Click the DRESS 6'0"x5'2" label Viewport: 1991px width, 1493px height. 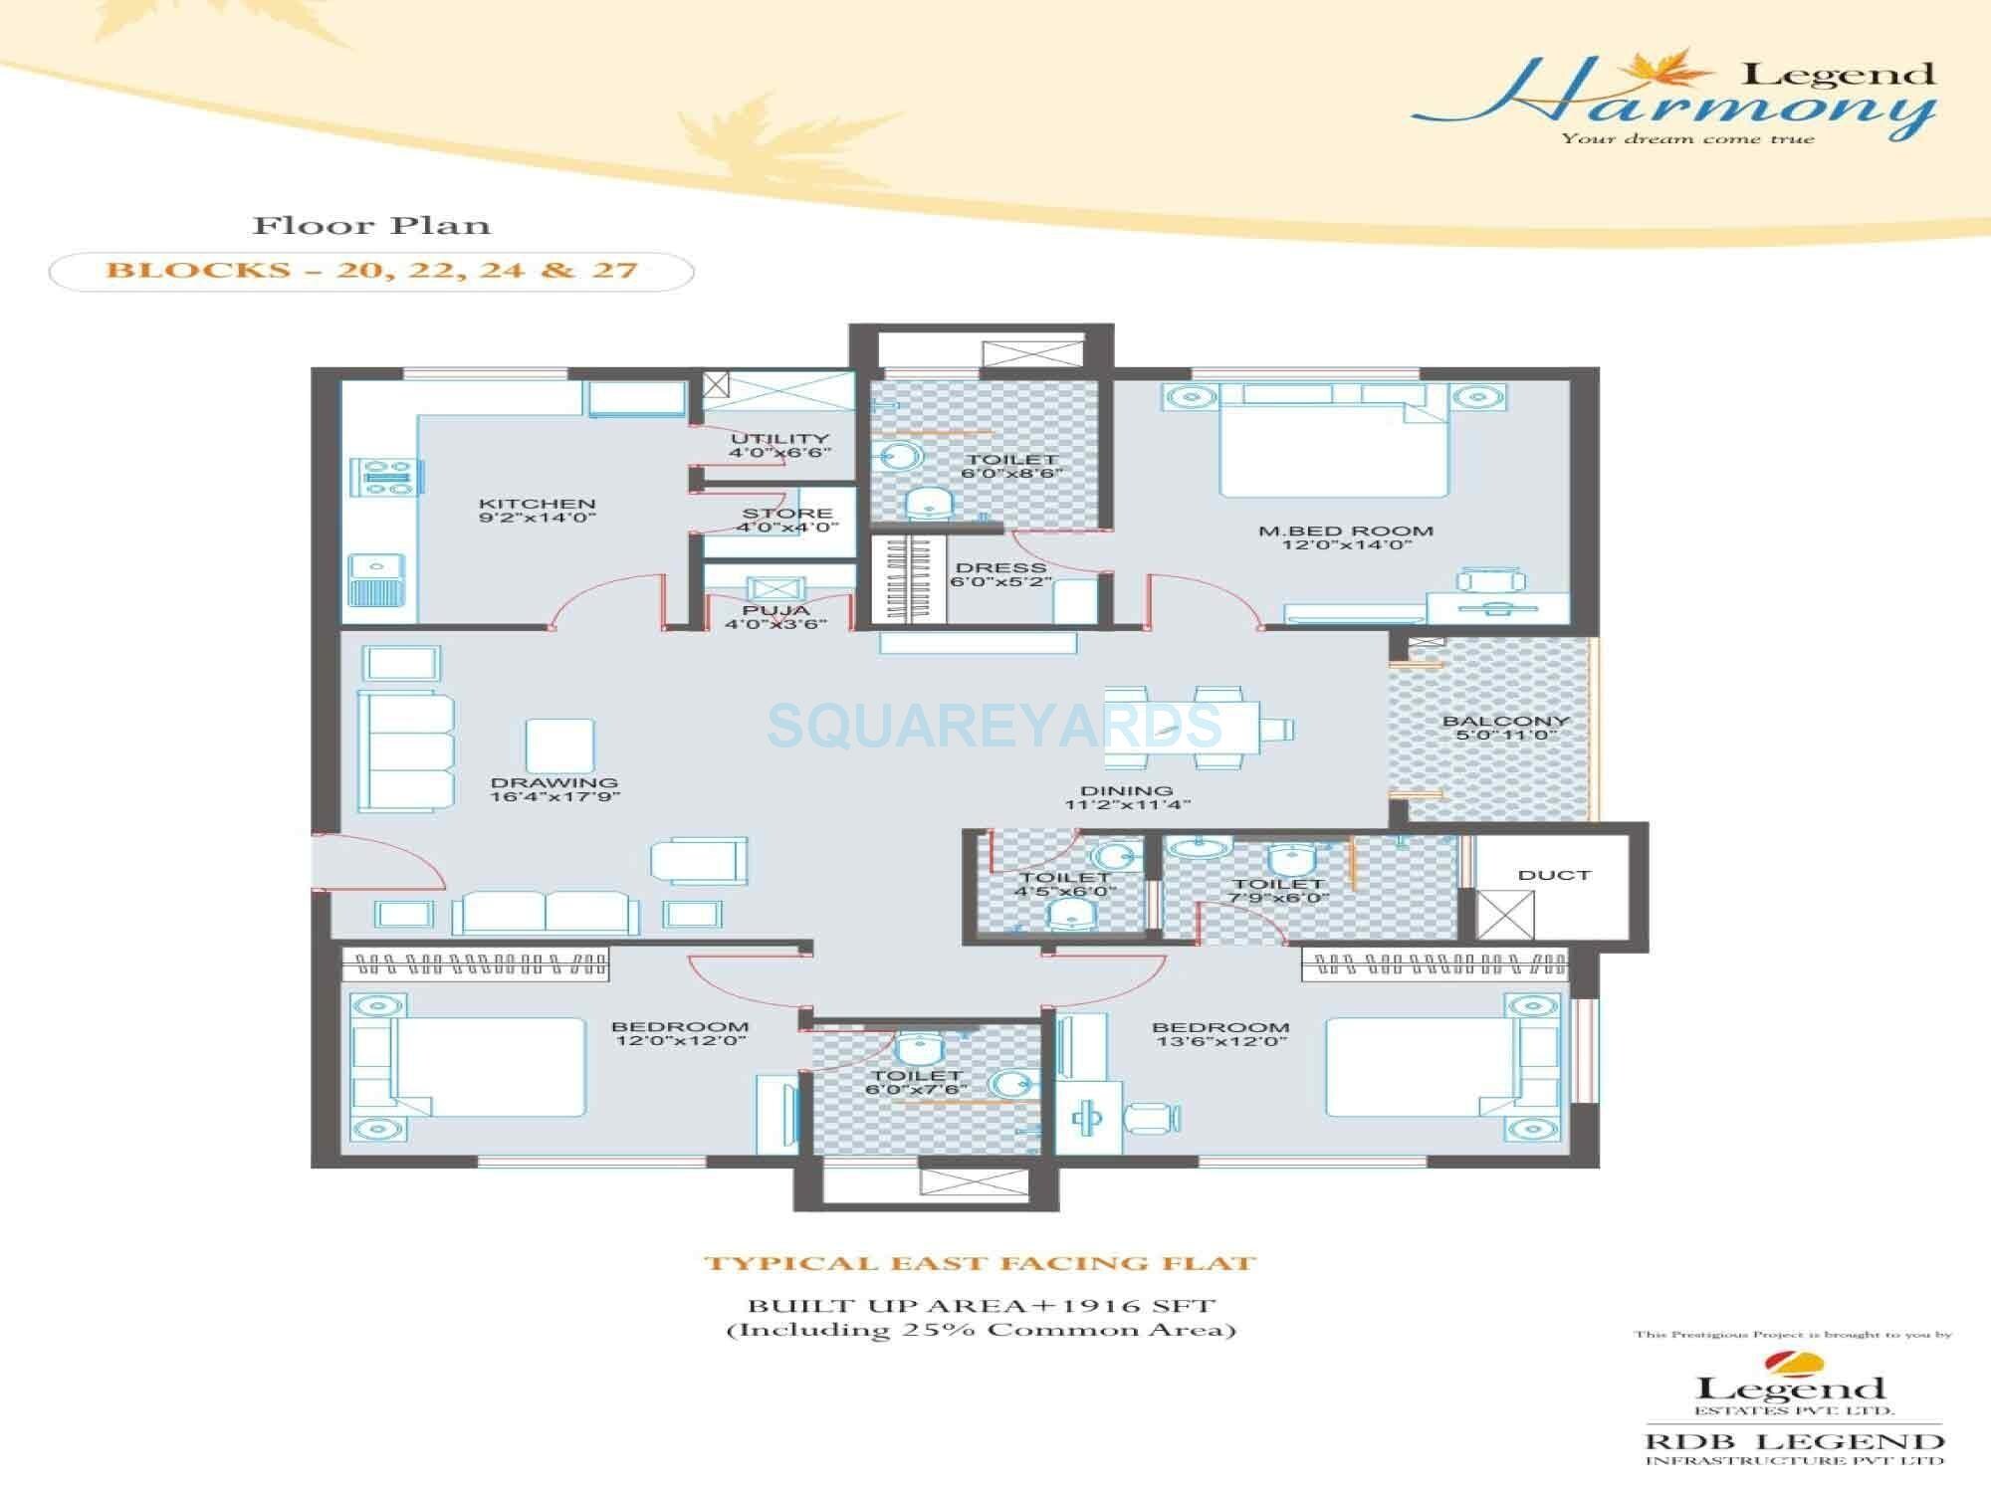(x=999, y=574)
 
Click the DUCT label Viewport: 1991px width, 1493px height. (x=1553, y=875)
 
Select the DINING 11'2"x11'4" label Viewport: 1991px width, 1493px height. (x=1126, y=797)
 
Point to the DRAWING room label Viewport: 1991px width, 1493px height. (x=554, y=789)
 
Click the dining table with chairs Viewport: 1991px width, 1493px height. (x=1199, y=729)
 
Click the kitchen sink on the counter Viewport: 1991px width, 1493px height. (x=377, y=580)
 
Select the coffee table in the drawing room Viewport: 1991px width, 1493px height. (x=559, y=746)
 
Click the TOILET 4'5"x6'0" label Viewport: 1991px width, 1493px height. (x=1064, y=884)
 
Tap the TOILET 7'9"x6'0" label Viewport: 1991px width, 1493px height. (x=1278, y=890)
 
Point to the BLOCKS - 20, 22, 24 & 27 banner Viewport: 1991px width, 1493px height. (x=371, y=271)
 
